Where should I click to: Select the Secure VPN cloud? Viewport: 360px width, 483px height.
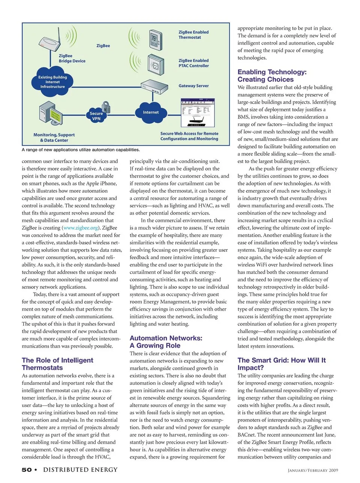tap(96, 116)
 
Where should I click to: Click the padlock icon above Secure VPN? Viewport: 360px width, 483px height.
tap(106, 107)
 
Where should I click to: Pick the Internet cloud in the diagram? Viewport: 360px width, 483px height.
tap(150, 112)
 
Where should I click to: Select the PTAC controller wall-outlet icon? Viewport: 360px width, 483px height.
tap(156, 66)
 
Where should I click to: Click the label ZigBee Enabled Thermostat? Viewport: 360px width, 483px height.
tap(193, 35)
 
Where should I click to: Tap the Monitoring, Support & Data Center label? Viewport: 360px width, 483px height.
tap(54, 138)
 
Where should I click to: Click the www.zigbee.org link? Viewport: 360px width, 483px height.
tap(81, 228)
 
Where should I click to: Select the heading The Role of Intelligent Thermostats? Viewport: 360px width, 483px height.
tap(57, 364)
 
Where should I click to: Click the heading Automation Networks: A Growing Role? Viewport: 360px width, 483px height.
tap(166, 342)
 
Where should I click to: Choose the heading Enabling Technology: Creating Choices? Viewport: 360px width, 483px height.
tap(272, 76)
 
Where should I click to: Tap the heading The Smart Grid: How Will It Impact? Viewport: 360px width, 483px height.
tap(281, 364)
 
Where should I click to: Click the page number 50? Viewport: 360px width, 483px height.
tap(27, 470)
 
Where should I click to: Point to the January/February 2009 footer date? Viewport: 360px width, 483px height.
tap(313, 470)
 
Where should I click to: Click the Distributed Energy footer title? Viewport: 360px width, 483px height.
tap(80, 470)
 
